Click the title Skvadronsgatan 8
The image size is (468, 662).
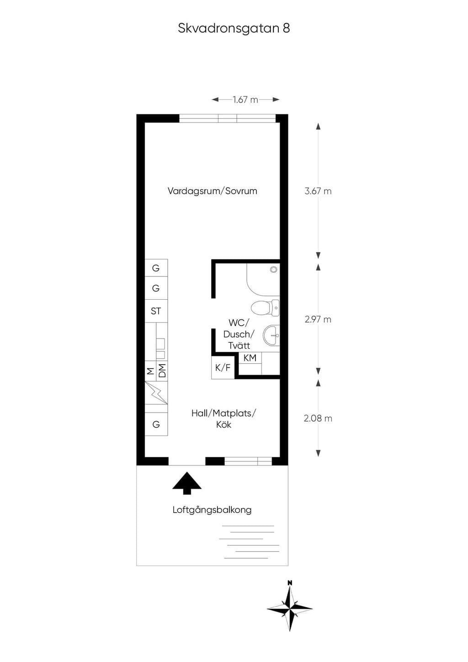click(234, 29)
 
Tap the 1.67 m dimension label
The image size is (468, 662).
click(245, 100)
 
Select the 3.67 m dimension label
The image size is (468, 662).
click(318, 191)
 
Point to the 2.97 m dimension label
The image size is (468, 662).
click(318, 319)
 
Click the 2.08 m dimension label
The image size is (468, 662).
click(318, 418)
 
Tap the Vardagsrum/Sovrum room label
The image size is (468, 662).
click(212, 191)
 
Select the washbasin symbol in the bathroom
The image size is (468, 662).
click(271, 335)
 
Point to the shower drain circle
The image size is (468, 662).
click(274, 269)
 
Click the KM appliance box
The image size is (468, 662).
click(250, 358)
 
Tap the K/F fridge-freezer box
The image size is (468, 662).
click(223, 368)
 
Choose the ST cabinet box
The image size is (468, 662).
click(156, 311)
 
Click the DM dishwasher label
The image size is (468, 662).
click(162, 371)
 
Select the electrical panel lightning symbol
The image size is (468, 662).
click(156, 392)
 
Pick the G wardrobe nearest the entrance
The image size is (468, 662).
click(156, 424)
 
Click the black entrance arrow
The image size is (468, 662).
click(187, 483)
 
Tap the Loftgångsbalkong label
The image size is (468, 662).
click(212, 510)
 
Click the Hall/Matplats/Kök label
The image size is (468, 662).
click(223, 419)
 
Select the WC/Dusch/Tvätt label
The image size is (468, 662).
click(239, 334)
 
